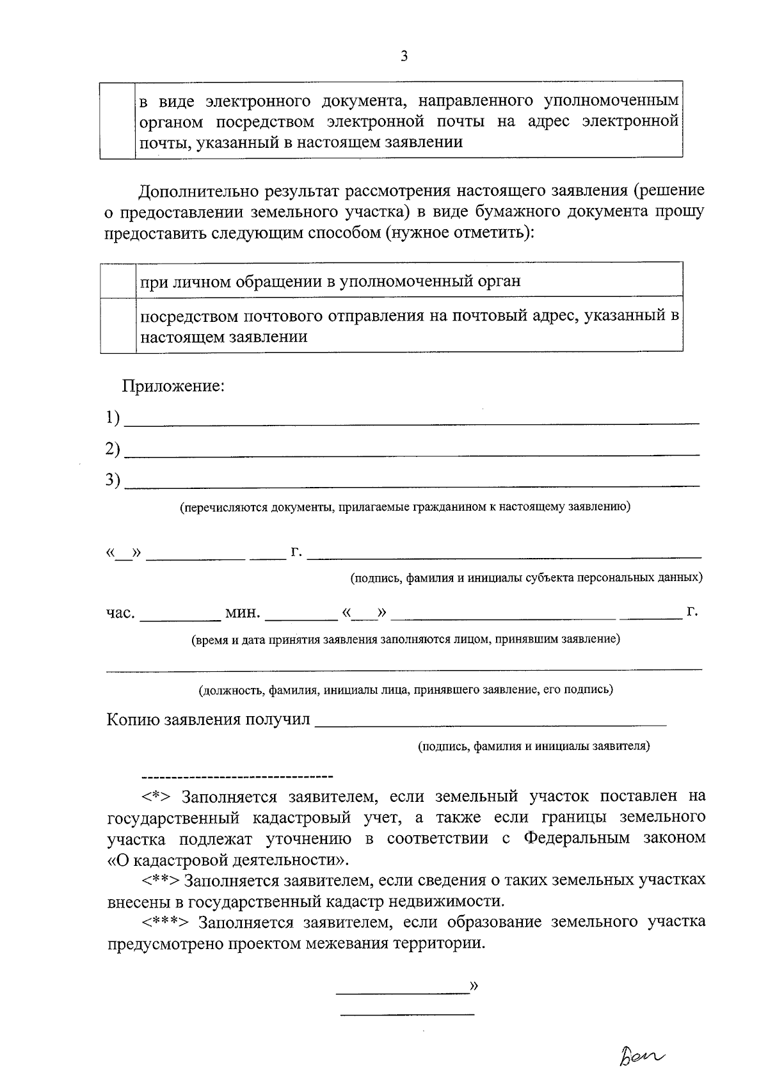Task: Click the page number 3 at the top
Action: pos(403,56)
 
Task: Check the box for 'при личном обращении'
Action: pos(118,280)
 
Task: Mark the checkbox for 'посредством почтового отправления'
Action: pos(118,325)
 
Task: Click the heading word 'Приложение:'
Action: pos(173,387)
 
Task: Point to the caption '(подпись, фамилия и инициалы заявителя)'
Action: pos(534,746)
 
